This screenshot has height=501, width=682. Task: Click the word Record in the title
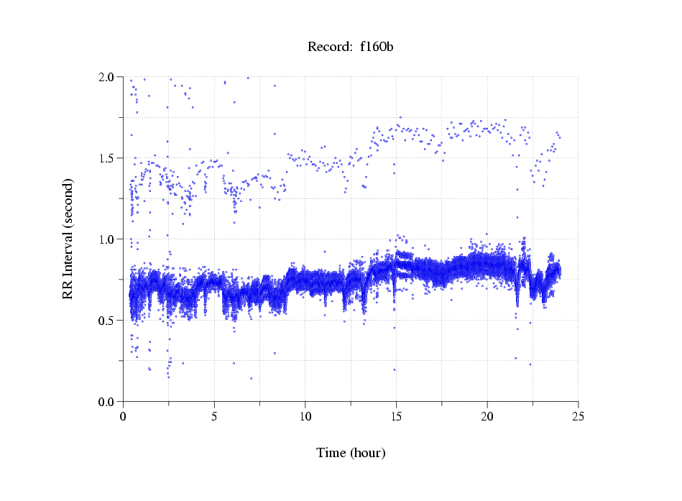(326, 47)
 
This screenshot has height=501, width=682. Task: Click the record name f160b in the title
(376, 47)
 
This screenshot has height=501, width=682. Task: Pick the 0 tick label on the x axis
(123, 416)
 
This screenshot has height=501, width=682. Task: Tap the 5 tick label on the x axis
(214, 416)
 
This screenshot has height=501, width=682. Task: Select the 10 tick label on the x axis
(305, 416)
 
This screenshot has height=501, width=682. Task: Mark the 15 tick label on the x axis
(396, 416)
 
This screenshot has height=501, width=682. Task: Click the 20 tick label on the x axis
(487, 416)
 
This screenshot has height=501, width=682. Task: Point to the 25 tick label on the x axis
(578, 416)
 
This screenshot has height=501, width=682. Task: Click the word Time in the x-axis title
(332, 453)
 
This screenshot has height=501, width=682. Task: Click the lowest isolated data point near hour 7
(251, 378)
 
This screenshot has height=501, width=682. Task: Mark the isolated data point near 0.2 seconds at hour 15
(395, 369)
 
